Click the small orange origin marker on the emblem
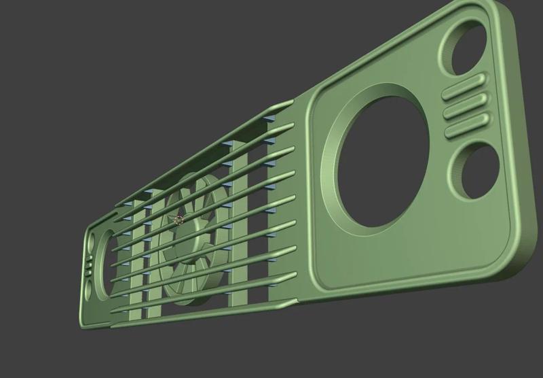pyautogui.click(x=179, y=220)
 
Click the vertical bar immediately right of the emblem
pyautogui.click(x=240, y=224)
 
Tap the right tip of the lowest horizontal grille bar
pyautogui.click(x=293, y=275)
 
